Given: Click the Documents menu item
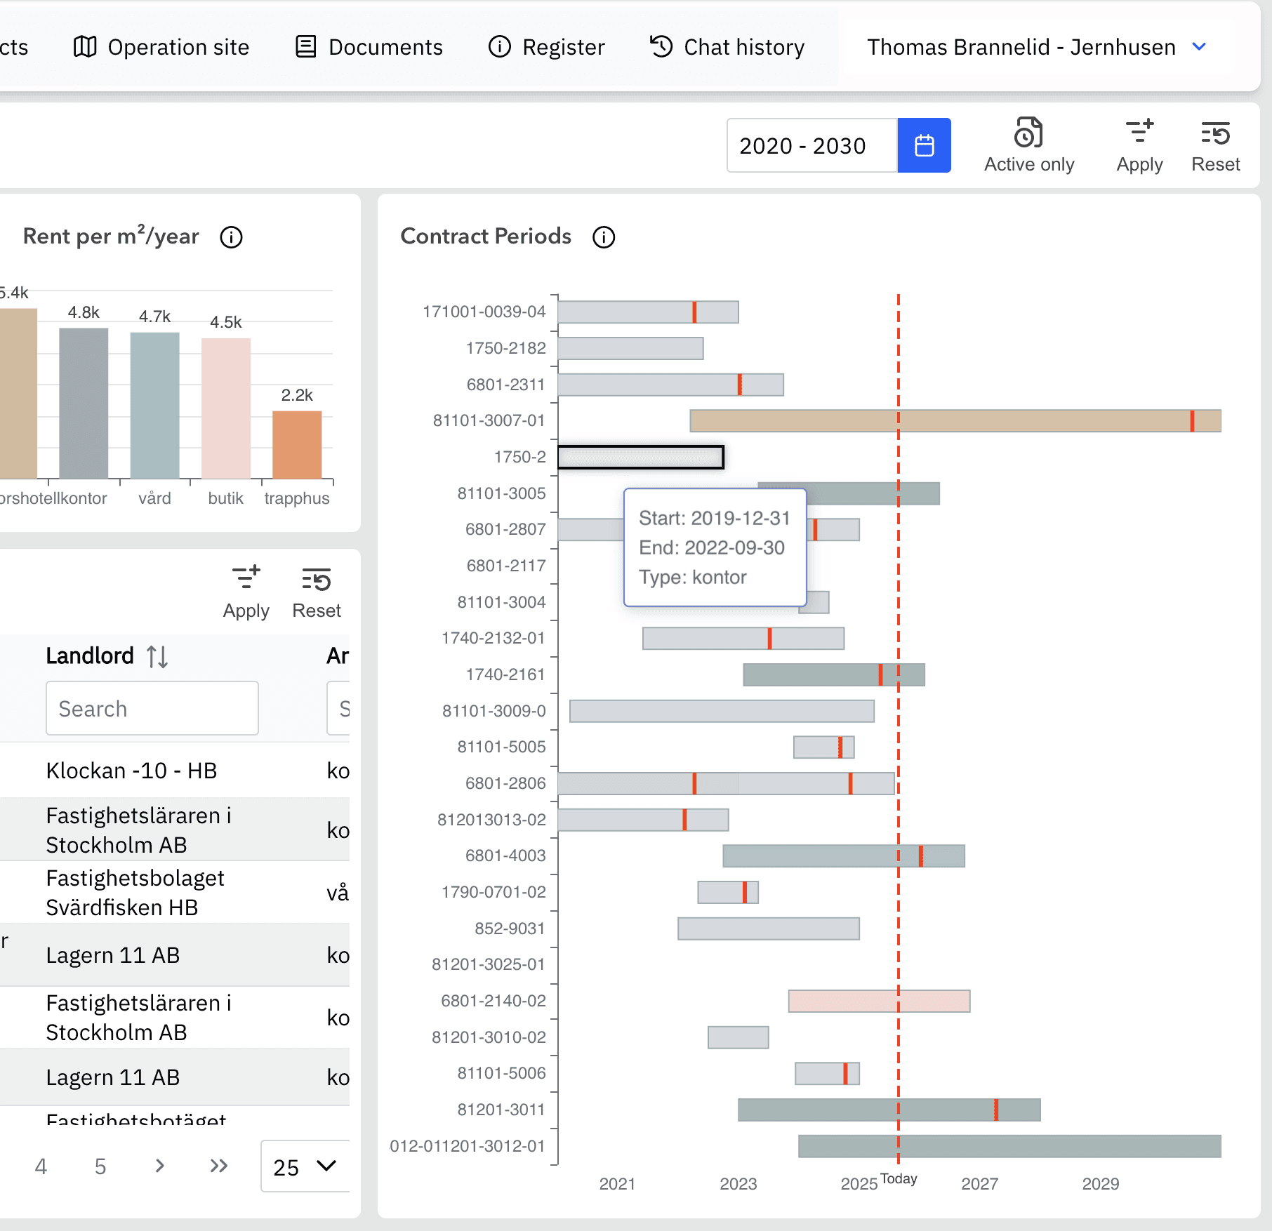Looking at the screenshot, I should tap(369, 47).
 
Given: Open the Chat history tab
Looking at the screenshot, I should tap(727, 47).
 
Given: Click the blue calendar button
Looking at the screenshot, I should tap(924, 145).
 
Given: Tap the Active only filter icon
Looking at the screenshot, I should tap(1028, 133).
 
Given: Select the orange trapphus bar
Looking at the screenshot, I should tap(297, 444).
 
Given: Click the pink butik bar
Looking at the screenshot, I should tap(226, 408).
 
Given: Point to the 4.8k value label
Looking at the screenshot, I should tap(84, 312).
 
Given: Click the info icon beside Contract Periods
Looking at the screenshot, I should tap(604, 237).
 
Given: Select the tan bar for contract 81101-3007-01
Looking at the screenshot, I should tap(955, 421).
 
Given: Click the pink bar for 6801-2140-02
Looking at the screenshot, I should tap(879, 1001).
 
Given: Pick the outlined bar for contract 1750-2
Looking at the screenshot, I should tap(640, 457).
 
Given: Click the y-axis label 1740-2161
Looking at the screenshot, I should tap(505, 674).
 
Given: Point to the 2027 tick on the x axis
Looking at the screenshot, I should tap(979, 1184).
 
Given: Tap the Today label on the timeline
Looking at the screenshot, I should tap(899, 1179).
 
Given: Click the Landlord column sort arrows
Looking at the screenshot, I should tap(157, 657).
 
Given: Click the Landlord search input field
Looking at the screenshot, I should tap(152, 709).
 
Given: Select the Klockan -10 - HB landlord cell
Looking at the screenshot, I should tap(131, 771).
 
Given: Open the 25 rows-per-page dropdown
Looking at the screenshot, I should tap(305, 1166).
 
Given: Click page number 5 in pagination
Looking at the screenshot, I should tap(100, 1166).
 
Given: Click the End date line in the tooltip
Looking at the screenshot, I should tap(712, 547).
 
